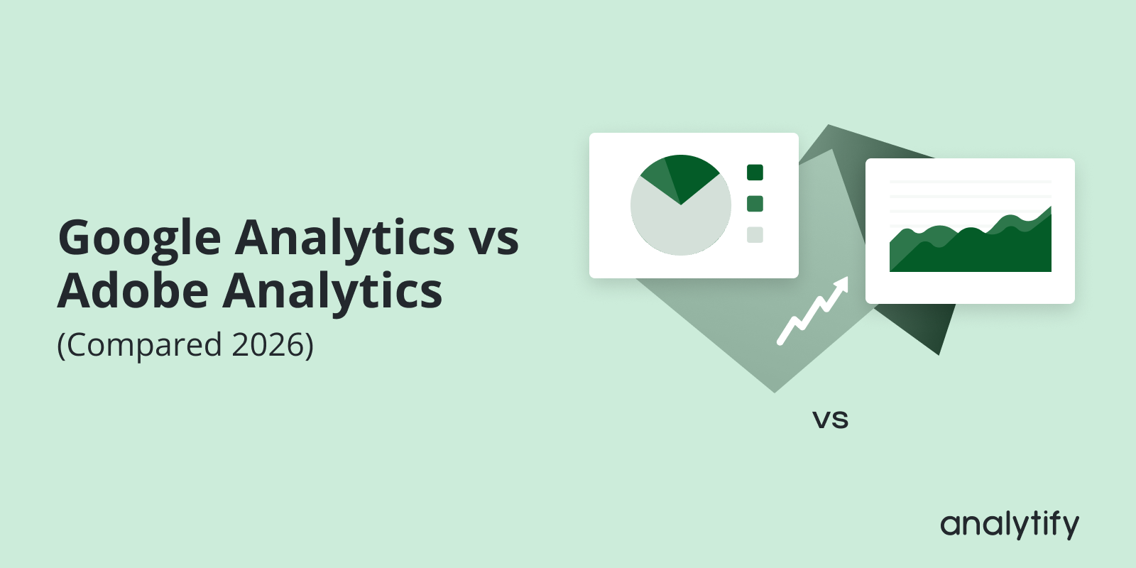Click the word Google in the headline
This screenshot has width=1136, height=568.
pos(140,239)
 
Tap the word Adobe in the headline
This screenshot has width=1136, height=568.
pos(133,291)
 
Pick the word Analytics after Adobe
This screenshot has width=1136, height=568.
pos(332,293)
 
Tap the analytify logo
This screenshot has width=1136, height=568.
pos(1009,525)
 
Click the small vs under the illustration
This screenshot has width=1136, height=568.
pos(831,420)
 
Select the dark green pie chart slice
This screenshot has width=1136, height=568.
pos(690,174)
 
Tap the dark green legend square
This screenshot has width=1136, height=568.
pos(755,173)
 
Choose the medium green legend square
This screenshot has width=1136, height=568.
pos(755,204)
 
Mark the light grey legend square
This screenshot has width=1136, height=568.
pos(755,235)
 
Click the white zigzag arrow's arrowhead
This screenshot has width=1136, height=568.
pos(841,285)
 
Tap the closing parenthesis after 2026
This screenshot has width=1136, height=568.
pos(310,346)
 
